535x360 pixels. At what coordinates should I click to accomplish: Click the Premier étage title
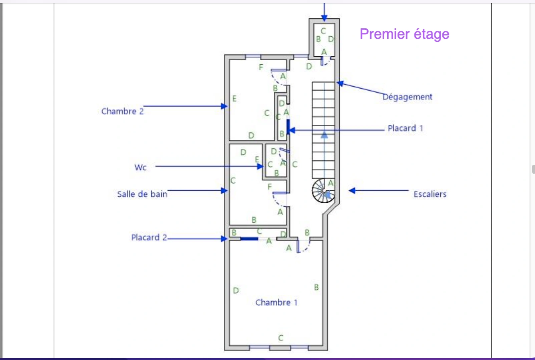pos(404,34)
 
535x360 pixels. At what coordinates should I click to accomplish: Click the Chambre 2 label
pos(122,111)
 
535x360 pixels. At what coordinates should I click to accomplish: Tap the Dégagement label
pos(407,97)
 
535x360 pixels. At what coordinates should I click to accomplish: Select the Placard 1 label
pos(405,128)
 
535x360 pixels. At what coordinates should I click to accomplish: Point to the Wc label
pos(140,167)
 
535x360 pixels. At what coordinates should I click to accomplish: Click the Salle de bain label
pos(142,194)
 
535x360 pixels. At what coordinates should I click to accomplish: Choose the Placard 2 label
pos(149,237)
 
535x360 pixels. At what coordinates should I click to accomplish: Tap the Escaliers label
pos(430,194)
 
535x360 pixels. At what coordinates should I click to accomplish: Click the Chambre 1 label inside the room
pos(276,302)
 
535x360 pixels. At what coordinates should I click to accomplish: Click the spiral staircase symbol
pos(323,191)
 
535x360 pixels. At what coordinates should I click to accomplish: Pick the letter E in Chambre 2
pos(234,99)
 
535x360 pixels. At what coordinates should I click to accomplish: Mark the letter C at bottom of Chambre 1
pos(281,338)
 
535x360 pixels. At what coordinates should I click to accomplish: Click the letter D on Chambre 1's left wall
pos(236,291)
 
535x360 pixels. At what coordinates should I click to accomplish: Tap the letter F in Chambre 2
pos(261,67)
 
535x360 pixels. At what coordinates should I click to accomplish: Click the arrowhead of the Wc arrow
pos(260,166)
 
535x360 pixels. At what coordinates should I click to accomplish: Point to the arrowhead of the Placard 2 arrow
pos(224,239)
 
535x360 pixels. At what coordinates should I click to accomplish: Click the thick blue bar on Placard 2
pos(249,239)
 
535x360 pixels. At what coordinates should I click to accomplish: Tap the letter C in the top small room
pos(323,31)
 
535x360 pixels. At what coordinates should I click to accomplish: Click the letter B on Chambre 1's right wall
pos(316,287)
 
